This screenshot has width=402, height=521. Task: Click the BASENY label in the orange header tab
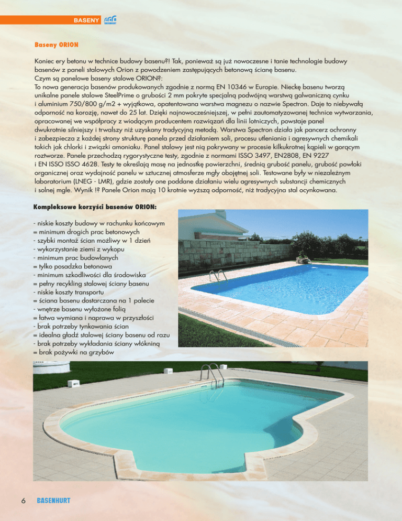[x=86, y=20]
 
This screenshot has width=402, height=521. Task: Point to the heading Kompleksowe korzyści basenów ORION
[x=95, y=208]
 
